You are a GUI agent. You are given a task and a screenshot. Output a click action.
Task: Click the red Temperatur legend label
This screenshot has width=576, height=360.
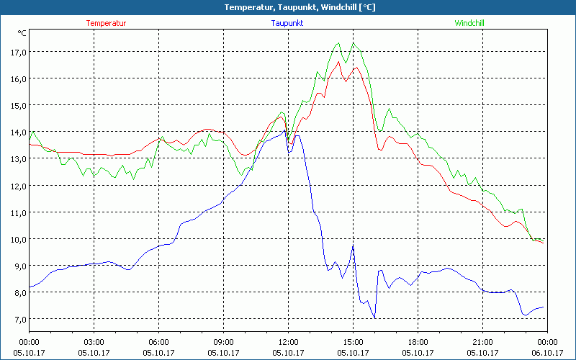106,23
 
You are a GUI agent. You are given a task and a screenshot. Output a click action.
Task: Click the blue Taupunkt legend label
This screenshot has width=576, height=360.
288,23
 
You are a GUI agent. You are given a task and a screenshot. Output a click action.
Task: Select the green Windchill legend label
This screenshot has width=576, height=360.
469,23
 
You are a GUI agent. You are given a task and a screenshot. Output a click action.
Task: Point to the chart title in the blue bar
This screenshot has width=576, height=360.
288,7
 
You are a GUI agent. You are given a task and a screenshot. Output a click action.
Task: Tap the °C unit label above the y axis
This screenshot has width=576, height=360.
22,33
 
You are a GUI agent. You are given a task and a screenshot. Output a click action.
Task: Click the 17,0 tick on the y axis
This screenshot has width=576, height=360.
17,52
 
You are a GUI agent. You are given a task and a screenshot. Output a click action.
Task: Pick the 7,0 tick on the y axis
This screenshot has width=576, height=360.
17,319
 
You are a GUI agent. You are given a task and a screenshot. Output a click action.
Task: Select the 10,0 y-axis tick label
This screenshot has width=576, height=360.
17,239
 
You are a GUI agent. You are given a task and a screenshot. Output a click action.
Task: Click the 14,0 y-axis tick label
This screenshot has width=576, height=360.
17,132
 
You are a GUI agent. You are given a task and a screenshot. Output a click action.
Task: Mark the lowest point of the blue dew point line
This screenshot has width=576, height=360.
375,318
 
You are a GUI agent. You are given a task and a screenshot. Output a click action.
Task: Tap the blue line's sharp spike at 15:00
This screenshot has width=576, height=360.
353,246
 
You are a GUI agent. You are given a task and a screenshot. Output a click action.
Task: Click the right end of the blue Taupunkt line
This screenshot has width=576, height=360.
543,307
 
